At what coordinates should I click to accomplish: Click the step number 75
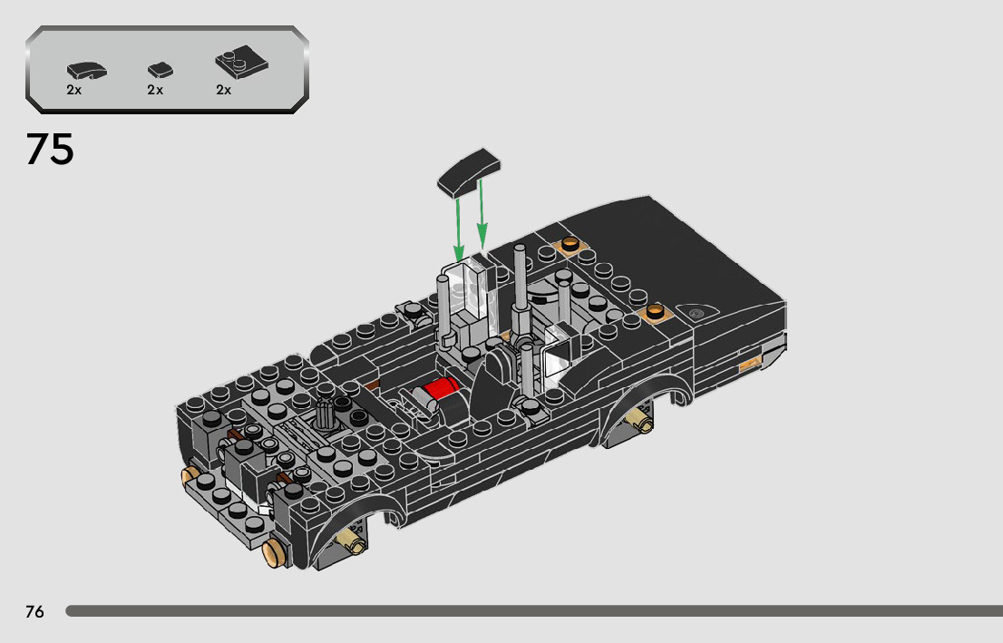tap(50, 149)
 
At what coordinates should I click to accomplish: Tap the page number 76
tap(34, 611)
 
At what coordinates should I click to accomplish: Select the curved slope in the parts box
tap(86, 70)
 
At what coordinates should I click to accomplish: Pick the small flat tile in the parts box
tap(160, 69)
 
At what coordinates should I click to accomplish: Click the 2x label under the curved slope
tap(74, 90)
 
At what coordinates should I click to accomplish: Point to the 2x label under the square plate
tap(223, 90)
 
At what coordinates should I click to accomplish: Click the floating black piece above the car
tap(469, 171)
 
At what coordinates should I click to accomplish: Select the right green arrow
tap(482, 214)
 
